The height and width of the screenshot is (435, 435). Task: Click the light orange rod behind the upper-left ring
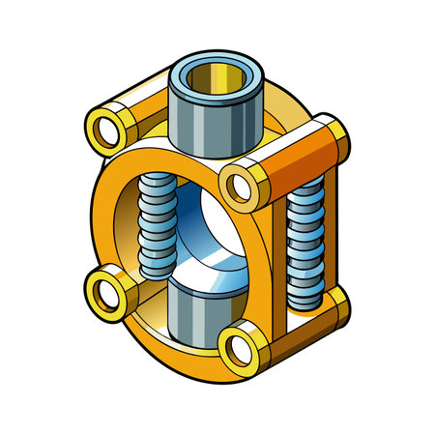click(x=145, y=97)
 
